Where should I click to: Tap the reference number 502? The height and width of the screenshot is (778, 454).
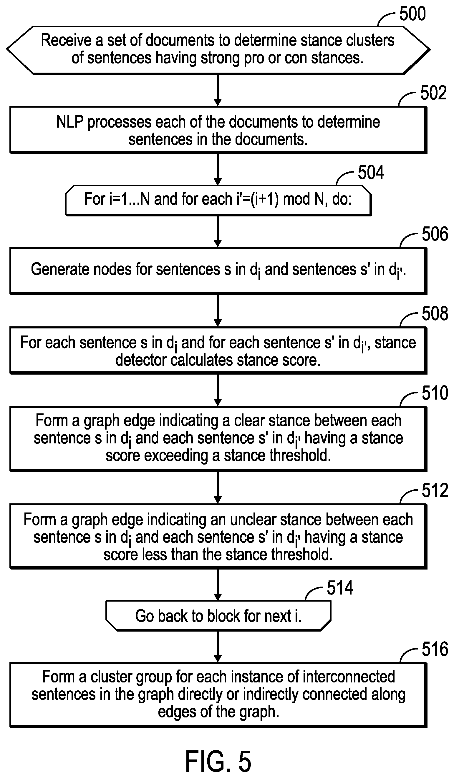[433, 93]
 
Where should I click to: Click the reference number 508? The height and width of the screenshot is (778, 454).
[435, 313]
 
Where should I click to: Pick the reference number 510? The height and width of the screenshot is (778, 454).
[435, 393]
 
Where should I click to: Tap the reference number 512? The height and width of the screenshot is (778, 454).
[435, 490]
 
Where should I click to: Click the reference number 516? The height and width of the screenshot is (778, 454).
[435, 649]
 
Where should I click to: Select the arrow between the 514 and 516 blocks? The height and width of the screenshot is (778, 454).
[218, 647]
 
